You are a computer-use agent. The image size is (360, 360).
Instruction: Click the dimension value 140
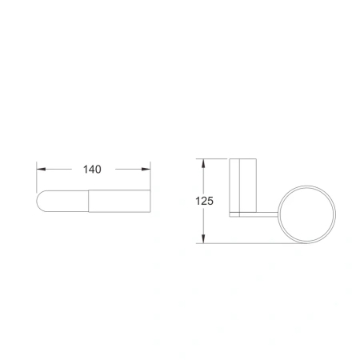(x=92, y=170)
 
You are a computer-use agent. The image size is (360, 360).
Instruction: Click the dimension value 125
(x=205, y=201)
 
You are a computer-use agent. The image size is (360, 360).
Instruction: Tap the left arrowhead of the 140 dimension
(x=41, y=169)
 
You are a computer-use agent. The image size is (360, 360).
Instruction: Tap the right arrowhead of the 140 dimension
(x=146, y=169)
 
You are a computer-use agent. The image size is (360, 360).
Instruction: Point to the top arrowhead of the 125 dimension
(x=203, y=163)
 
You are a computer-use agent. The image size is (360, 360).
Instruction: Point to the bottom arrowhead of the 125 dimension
(x=203, y=239)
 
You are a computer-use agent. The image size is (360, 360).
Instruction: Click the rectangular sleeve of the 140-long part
(x=119, y=201)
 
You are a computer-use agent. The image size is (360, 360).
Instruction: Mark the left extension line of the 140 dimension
(x=37, y=177)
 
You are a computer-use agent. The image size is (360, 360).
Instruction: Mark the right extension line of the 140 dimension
(x=150, y=175)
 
